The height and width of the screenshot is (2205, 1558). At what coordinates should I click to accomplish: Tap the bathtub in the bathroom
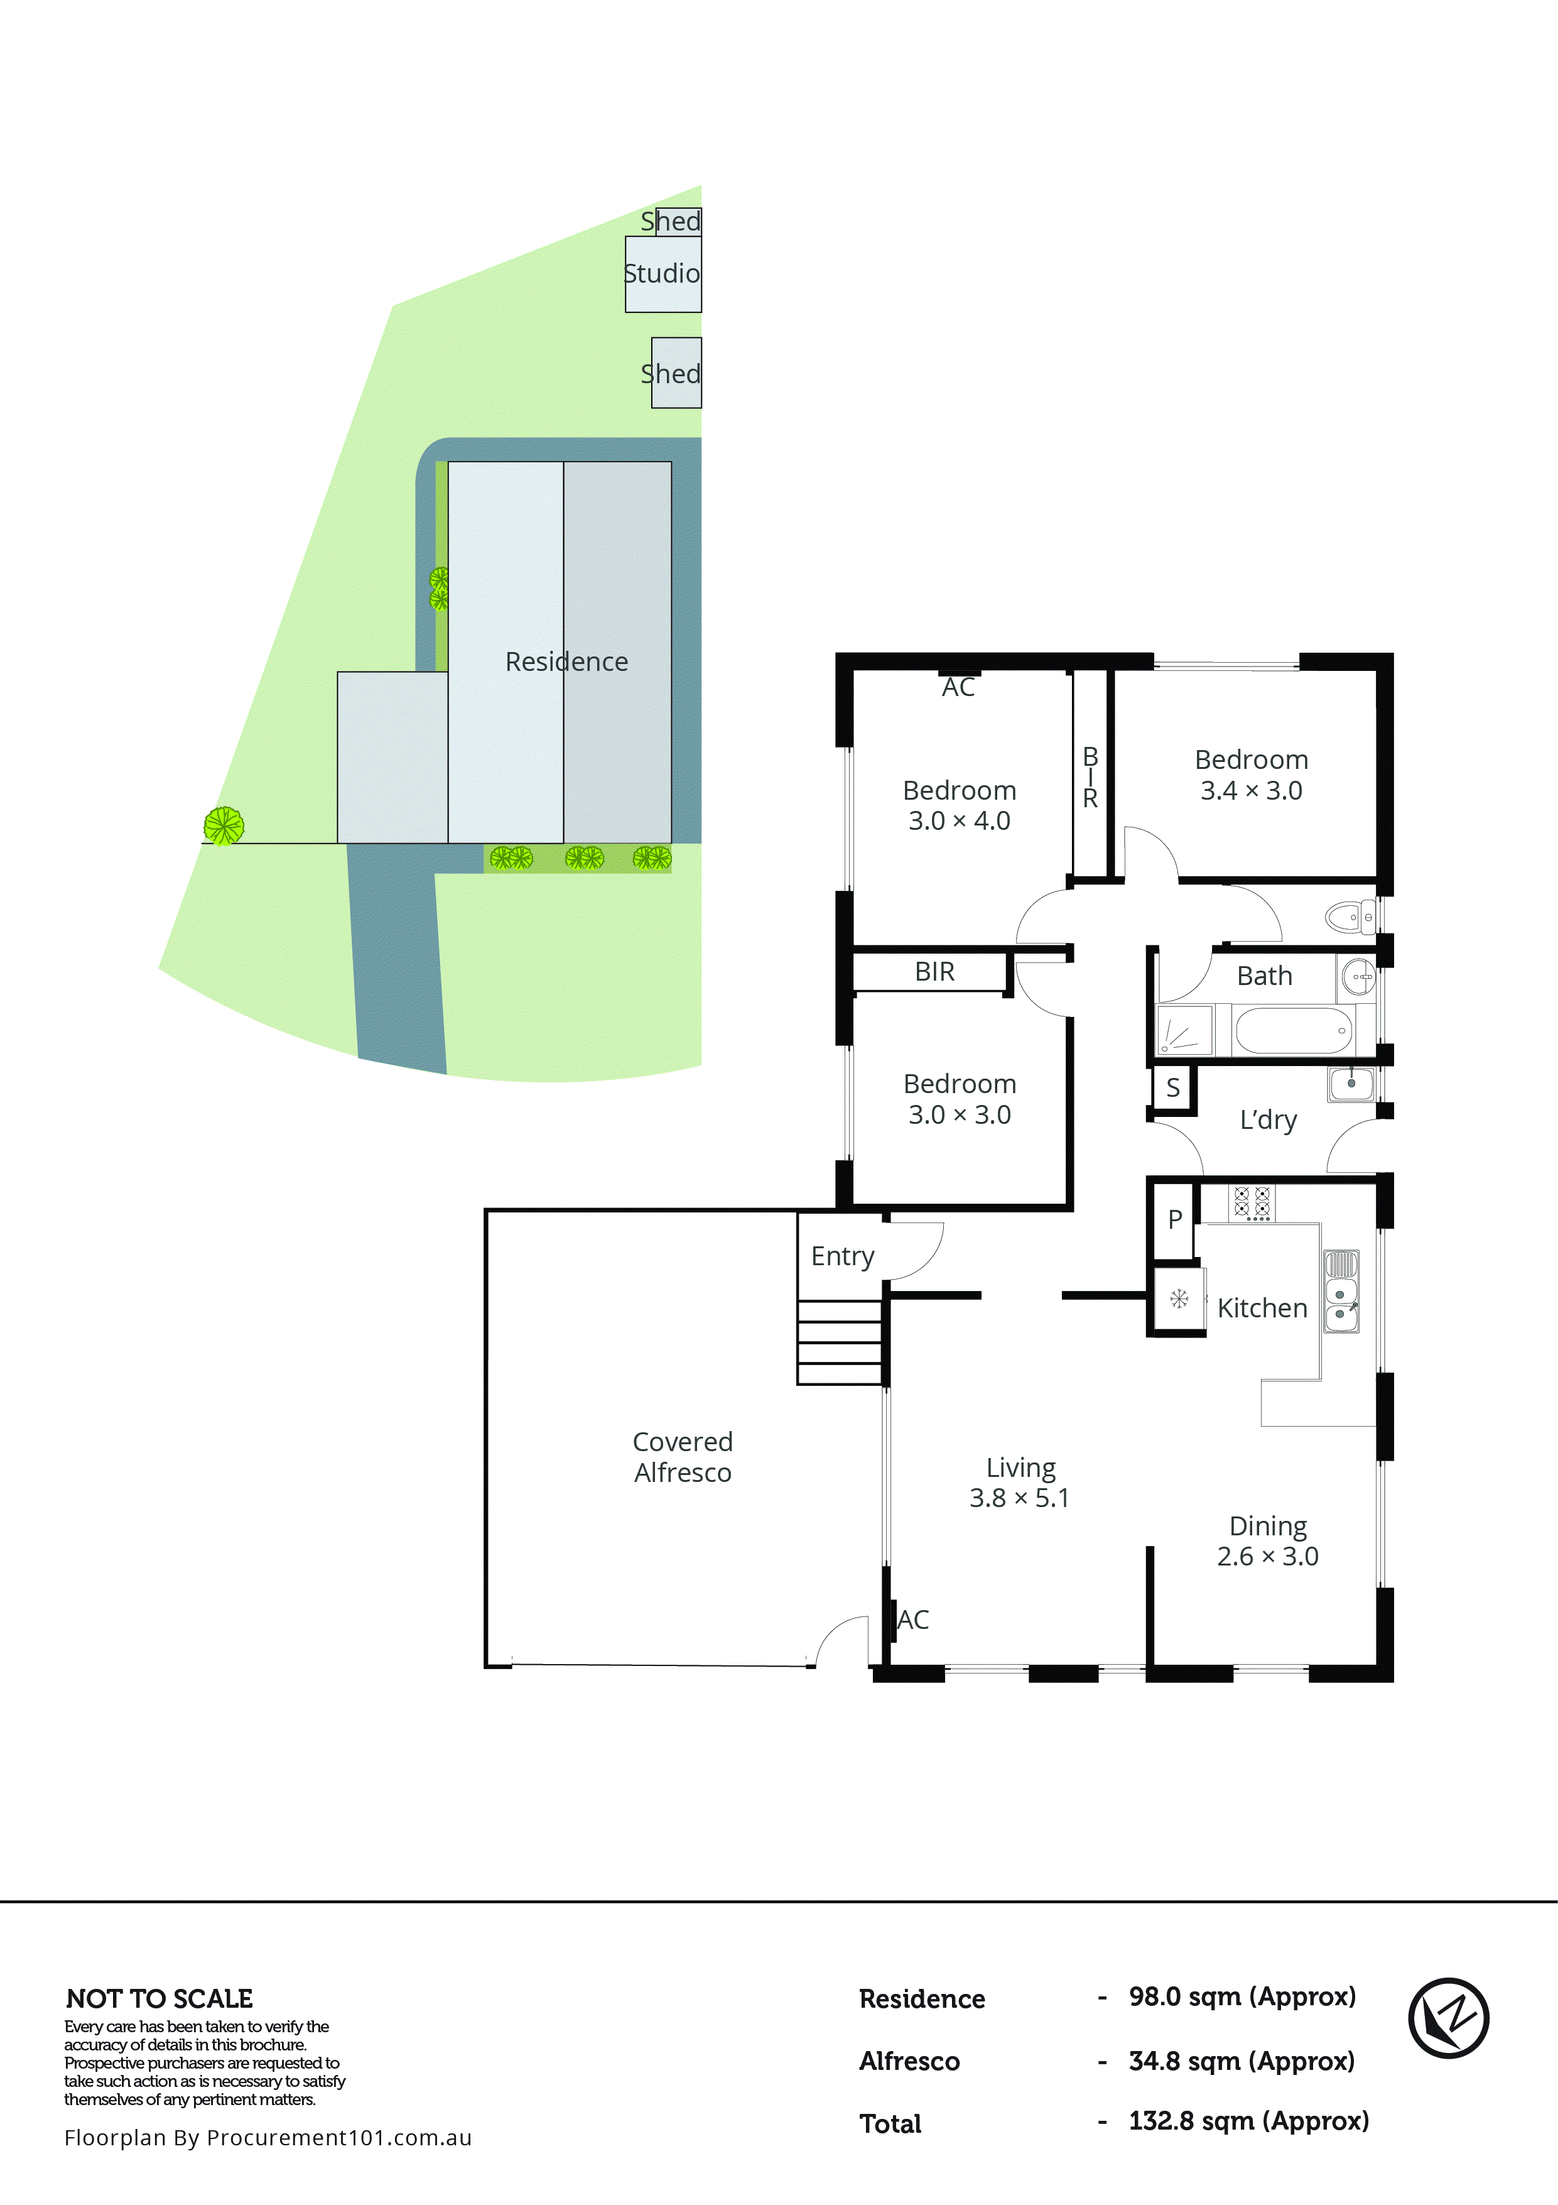coord(1293,1030)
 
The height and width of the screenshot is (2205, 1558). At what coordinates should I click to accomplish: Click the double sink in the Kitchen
coord(1341,1291)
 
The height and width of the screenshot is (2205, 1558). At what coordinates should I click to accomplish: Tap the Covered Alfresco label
coord(683,1457)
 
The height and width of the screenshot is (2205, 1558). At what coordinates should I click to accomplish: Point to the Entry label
coord(842,1256)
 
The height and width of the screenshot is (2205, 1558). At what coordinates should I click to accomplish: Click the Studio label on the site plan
coord(661,274)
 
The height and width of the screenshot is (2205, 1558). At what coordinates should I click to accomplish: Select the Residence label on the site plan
coord(566,661)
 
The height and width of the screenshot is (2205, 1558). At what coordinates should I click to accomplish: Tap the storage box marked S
coord(1172,1088)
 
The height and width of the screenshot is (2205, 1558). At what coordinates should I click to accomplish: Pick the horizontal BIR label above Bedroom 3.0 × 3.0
coord(934,972)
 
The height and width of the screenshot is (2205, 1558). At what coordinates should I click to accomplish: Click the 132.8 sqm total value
coord(1248,2120)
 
